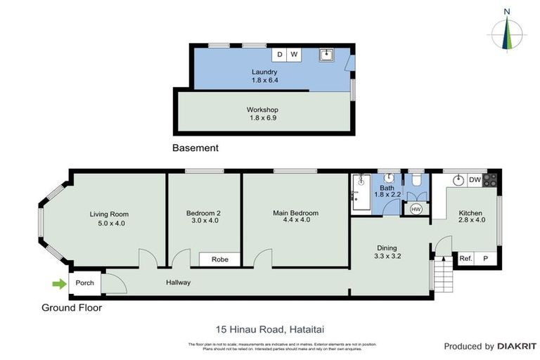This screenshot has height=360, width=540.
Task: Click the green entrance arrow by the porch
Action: (58, 283)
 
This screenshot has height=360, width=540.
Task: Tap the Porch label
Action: (84, 283)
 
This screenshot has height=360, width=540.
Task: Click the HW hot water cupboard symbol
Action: (416, 209)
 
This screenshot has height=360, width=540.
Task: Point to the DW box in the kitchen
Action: (475, 181)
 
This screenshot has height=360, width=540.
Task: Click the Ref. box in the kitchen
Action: (465, 259)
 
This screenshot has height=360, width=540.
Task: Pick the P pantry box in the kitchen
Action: (485, 259)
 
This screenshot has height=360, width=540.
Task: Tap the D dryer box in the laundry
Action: (279, 54)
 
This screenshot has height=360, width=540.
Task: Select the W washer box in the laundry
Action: (294, 54)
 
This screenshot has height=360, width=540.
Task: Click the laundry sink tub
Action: (326, 54)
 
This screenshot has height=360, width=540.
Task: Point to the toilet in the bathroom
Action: (416, 182)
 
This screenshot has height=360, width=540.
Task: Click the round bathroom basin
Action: (388, 179)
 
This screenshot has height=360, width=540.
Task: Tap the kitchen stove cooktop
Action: (490, 180)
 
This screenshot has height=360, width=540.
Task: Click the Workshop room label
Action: (262, 110)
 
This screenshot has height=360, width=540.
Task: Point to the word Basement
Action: (195, 148)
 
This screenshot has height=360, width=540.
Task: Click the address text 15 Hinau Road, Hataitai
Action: (269, 329)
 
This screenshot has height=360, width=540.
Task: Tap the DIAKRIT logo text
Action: (517, 347)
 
